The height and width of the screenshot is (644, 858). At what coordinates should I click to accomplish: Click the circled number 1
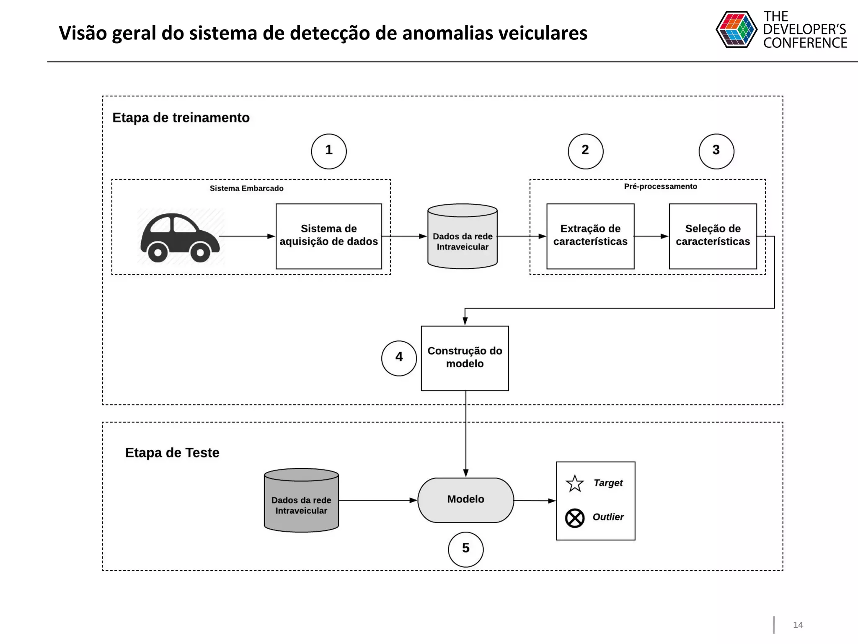329,151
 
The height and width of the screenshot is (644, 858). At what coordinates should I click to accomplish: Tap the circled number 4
399,358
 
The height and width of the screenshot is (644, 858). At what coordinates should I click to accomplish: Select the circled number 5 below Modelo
465,549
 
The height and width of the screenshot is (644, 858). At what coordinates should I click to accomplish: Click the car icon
180,237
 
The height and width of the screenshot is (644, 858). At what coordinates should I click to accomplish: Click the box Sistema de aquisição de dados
329,236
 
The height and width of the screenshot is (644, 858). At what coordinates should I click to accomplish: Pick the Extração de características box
590,236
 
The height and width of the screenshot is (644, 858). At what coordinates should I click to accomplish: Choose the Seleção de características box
713,236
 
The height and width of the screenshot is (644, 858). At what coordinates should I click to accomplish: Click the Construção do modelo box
465,358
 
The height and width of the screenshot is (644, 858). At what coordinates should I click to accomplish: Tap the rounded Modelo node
465,500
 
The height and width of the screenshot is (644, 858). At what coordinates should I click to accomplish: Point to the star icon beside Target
575,484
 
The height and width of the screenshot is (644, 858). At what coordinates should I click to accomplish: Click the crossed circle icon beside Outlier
575,518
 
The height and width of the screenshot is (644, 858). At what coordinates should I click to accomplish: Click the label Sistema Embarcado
246,189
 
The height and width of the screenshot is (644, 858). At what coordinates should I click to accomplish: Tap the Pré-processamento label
660,187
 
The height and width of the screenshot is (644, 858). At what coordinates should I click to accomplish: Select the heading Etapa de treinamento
181,118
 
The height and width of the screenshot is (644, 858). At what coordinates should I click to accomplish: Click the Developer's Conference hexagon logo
736,29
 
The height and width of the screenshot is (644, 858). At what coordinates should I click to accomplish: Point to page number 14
798,625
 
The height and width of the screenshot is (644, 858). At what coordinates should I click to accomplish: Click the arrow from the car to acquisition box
247,236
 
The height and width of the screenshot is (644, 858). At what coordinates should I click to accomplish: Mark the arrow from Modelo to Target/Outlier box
535,501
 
